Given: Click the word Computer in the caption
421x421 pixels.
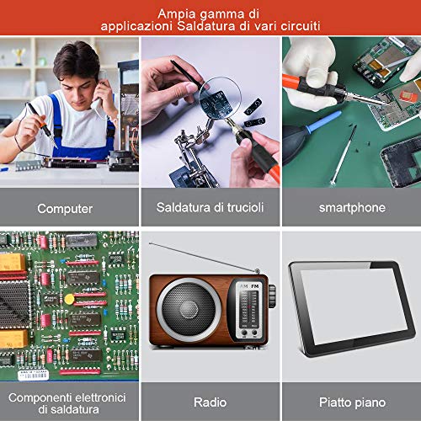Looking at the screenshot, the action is point(65,209).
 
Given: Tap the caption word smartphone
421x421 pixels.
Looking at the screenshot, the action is point(352,208).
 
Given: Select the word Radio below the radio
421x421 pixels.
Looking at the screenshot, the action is point(210,402).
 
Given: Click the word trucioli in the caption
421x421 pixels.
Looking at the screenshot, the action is point(245,207).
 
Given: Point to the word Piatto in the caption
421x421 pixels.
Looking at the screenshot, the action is point(333,402).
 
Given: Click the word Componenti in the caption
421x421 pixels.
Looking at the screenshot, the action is point(40,397).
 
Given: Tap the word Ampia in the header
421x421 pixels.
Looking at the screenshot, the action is point(174,14).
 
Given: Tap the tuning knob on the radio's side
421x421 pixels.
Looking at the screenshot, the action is point(272,296).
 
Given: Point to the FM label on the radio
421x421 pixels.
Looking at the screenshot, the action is point(255,286).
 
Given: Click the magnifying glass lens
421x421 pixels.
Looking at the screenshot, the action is point(220,98).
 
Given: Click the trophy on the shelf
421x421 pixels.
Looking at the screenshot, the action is point(19,56).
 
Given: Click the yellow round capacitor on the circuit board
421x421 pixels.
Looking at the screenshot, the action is point(69,299).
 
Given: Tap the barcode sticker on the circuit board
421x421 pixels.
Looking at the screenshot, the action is point(34,375).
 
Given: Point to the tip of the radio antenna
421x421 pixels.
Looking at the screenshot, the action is point(150,243).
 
